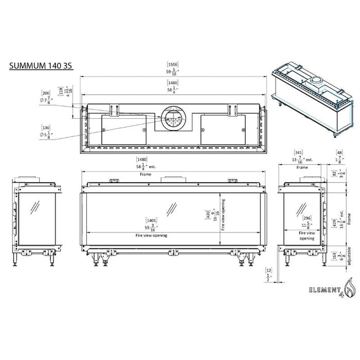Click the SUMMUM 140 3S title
(x=40, y=66)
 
